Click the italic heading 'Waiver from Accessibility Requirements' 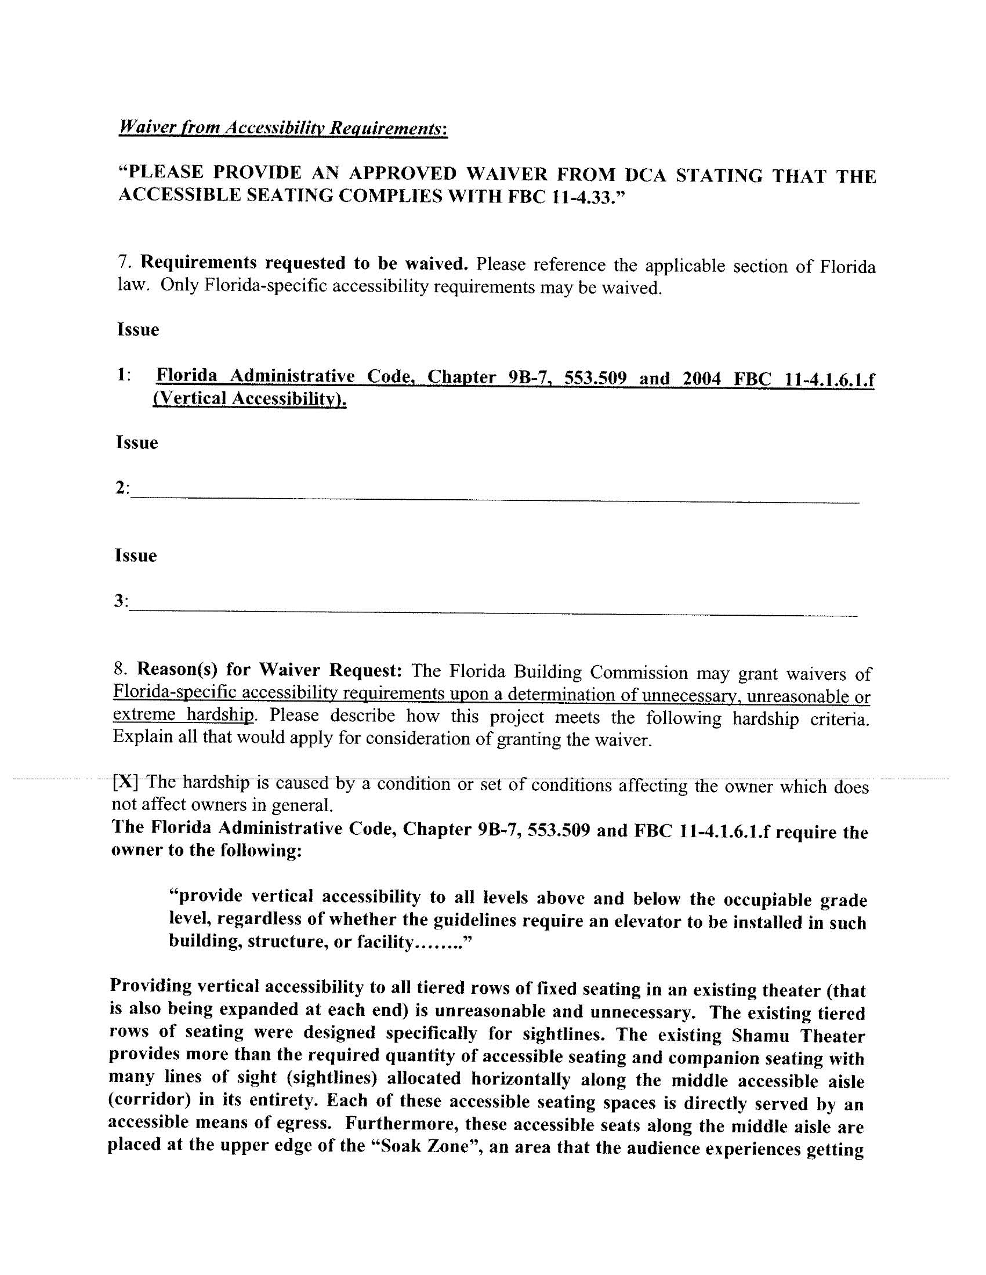282,127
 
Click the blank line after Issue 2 494,499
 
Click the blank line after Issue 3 493,613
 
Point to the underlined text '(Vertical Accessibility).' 249,399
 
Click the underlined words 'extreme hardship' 184,714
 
